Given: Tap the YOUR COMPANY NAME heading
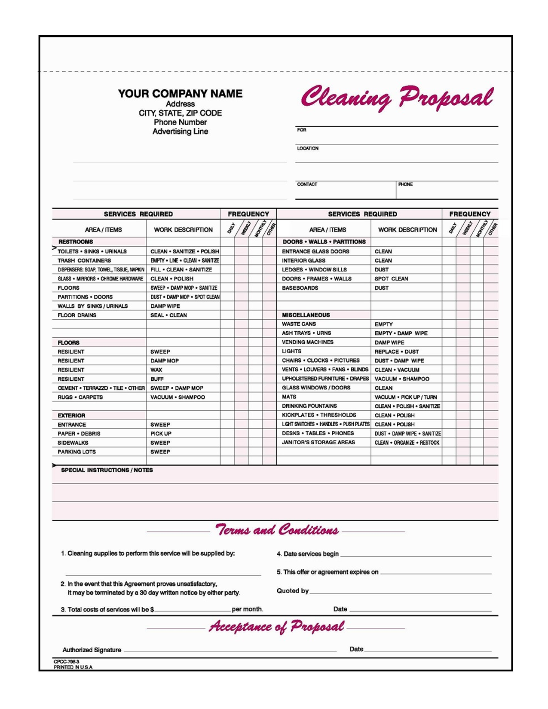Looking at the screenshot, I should pos(180,94).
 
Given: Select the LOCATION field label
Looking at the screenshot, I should pos(308,148).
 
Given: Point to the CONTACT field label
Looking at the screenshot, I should pos(307,184).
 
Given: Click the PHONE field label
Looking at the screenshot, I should pos(405,184).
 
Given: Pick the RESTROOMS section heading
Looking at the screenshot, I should pos(76,242).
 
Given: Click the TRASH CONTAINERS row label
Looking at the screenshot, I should pos(84,260).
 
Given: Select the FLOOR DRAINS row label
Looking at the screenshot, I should pos(77,315).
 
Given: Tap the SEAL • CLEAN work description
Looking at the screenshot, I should pos(168,315).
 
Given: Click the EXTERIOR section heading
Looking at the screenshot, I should pos(71,416).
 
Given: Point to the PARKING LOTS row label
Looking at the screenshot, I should pos(77,452).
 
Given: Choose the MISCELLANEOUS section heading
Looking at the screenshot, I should pos(306,315).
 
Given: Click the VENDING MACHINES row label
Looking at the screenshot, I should pos(307,342).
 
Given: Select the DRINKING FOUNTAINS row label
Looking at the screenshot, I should pos(309,406).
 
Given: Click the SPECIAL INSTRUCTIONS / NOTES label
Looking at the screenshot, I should pos(107,470).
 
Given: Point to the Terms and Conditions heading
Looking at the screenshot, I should pos(277,530).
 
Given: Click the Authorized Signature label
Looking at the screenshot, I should pos(92,650).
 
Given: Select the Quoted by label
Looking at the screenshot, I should pos(292,591).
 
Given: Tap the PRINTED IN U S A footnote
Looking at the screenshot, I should pos(73,667).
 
